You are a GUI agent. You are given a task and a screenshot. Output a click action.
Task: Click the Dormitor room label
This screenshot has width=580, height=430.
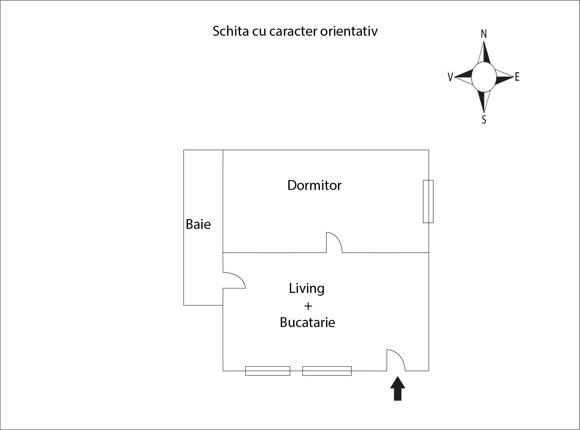(x=314, y=185)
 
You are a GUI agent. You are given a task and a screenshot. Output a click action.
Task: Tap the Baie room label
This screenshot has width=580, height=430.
(x=198, y=224)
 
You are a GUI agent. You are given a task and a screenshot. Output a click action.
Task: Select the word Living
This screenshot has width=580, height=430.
(x=307, y=289)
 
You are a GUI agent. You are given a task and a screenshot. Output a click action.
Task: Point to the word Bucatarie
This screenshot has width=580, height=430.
(x=307, y=322)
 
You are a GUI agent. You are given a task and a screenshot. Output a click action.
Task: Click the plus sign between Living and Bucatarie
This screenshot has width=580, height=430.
(x=308, y=306)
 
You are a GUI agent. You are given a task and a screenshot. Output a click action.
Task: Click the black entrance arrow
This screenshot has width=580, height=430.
(x=398, y=388)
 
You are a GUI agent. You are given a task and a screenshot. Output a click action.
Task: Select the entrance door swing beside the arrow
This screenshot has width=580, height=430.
(x=396, y=360)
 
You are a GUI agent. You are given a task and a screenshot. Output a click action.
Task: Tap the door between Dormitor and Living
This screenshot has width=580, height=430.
(x=334, y=242)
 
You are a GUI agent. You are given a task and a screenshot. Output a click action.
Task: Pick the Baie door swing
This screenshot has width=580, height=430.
(x=234, y=280)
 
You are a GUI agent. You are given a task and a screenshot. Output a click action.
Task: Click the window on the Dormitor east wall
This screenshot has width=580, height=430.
(x=428, y=201)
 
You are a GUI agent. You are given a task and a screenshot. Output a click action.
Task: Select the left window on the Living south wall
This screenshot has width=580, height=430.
(x=267, y=371)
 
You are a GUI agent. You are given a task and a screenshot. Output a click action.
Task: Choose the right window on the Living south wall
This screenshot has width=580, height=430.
(x=327, y=371)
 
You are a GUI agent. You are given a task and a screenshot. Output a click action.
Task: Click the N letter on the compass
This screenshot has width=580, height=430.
(x=484, y=34)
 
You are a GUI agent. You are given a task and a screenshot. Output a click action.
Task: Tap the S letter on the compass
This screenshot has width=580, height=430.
(x=484, y=120)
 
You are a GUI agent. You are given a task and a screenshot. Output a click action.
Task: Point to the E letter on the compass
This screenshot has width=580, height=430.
(x=517, y=77)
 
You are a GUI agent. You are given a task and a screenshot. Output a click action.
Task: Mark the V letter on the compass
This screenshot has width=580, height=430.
(x=450, y=77)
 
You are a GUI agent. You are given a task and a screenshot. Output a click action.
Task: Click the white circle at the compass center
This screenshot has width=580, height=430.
(x=484, y=77)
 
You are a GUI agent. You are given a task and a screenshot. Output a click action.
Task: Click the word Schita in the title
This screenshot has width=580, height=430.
(x=231, y=31)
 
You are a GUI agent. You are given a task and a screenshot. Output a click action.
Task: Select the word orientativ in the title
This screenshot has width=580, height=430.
(x=349, y=31)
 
